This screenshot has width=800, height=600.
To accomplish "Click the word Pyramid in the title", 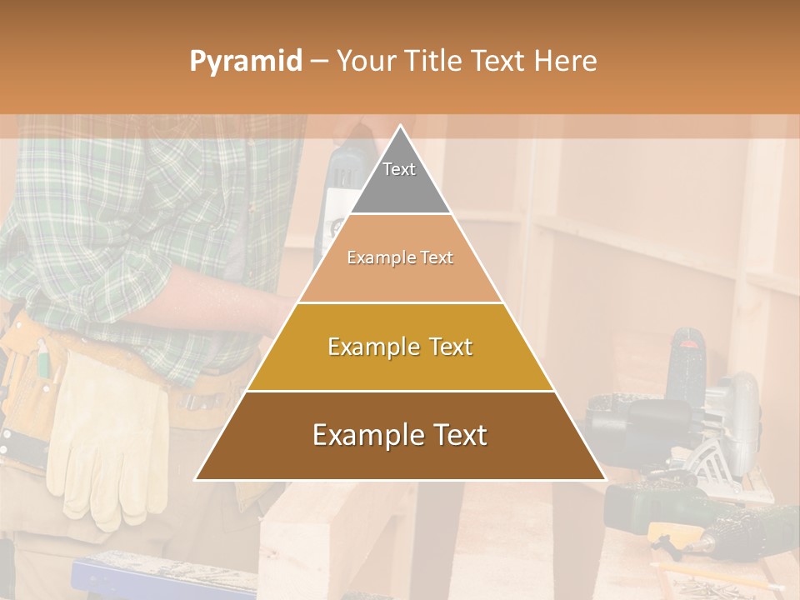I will click(246, 62).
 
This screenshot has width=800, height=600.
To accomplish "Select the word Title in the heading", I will click(432, 62).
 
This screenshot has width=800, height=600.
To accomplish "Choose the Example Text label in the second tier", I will click(400, 258).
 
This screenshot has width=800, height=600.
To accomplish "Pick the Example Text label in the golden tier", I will click(400, 347).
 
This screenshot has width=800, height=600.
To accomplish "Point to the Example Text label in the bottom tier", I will click(400, 435).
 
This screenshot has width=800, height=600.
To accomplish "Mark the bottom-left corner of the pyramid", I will click(196, 479).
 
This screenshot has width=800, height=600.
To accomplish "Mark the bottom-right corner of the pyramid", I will click(605, 479).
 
